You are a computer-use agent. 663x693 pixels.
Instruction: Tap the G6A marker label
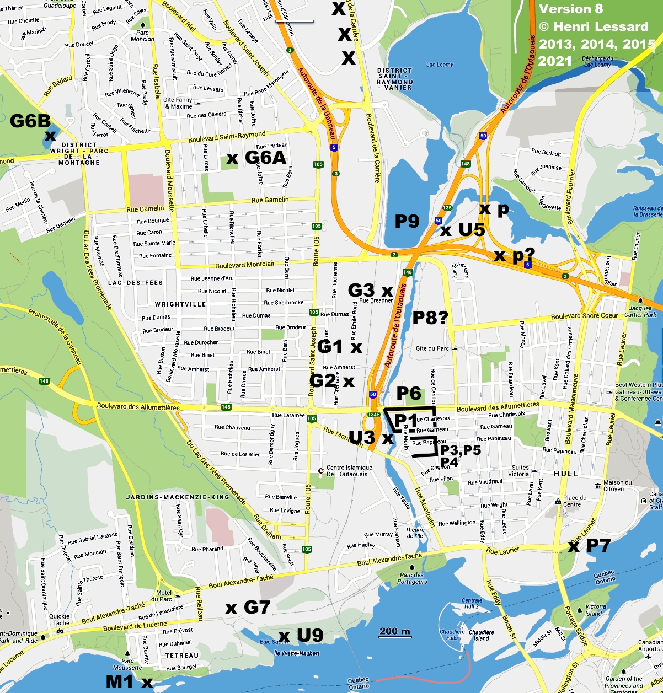(265, 158)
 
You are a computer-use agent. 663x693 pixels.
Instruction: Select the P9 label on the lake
(407, 222)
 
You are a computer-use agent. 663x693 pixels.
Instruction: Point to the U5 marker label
(472, 229)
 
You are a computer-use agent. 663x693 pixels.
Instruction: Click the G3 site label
(361, 290)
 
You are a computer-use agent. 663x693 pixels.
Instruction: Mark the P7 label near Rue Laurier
(598, 546)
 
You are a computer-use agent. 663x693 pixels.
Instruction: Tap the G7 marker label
(256, 608)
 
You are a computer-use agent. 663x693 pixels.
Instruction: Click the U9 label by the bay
(310, 635)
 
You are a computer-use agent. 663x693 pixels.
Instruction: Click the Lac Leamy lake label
(440, 65)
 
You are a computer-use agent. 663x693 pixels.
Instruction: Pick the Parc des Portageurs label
(412, 579)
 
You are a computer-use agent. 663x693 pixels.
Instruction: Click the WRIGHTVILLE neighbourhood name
(180, 304)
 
